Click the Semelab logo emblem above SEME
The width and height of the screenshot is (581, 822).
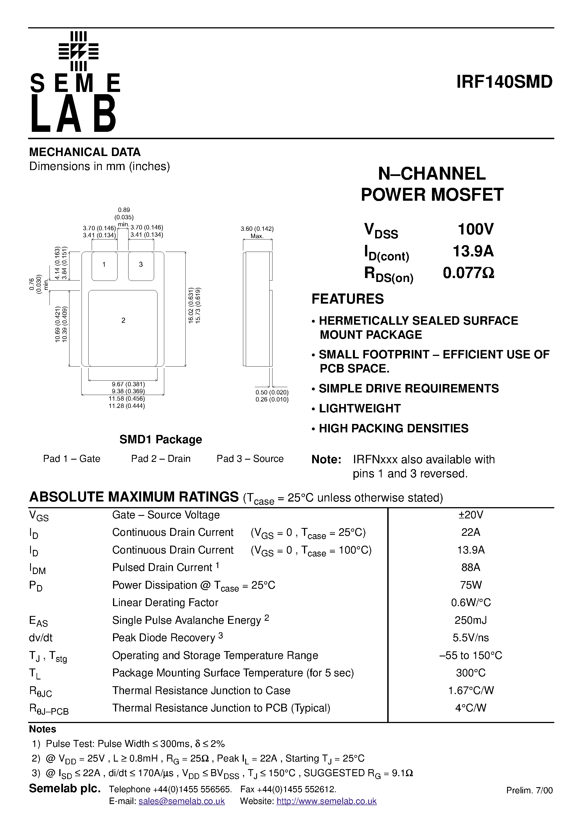point(78,51)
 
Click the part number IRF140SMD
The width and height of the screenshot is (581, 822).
point(504,82)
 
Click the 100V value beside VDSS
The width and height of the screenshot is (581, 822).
point(476,229)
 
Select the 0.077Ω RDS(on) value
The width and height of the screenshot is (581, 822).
point(469,273)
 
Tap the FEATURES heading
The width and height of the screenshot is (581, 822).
point(348,299)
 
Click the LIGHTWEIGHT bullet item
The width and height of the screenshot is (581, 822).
point(360,408)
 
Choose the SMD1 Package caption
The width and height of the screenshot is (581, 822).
point(161,439)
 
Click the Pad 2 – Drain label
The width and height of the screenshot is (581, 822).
point(161,459)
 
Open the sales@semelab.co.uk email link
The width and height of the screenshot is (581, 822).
point(182,801)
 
